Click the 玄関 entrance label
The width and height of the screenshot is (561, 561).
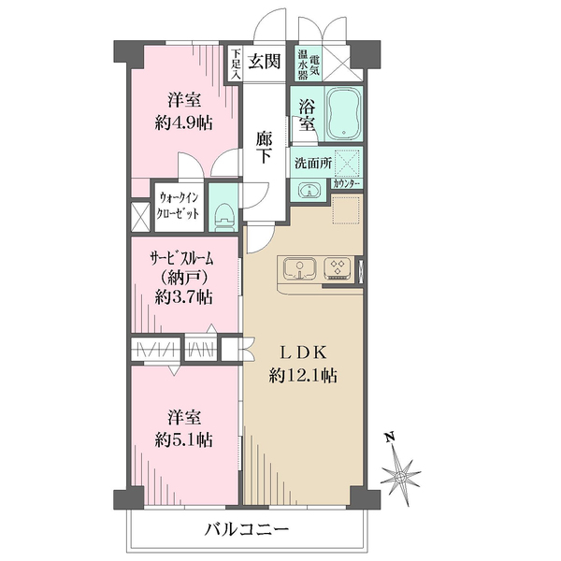[x=265, y=62]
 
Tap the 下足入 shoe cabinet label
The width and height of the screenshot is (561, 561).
[x=236, y=64]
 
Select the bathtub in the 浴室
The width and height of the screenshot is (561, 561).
[x=343, y=113]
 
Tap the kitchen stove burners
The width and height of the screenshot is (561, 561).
[x=338, y=268]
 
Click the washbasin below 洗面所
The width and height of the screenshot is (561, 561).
[x=308, y=191]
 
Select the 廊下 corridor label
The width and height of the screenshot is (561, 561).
[x=264, y=148]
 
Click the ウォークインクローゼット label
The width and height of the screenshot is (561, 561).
[x=179, y=206]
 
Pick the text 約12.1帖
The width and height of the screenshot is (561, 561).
[x=303, y=376]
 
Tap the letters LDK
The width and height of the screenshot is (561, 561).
[x=303, y=353]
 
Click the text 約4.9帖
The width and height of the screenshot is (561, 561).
[x=184, y=123]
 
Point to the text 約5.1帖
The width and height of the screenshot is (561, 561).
[x=184, y=439]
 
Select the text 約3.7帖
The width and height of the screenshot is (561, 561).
[x=184, y=297]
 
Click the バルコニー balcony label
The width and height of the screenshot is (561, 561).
[x=247, y=530]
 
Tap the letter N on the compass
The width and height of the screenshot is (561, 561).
[x=390, y=437]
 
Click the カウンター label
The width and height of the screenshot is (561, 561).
[x=346, y=184]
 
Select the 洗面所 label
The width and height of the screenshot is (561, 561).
[x=313, y=163]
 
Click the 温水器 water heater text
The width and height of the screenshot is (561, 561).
[x=303, y=65]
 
